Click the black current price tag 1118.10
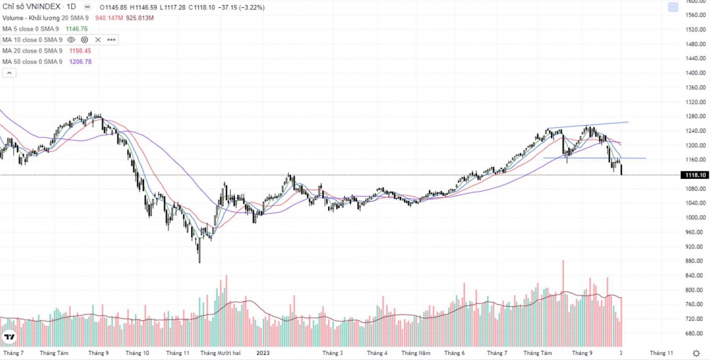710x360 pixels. pyautogui.click(x=694, y=175)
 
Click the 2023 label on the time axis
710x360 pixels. pyautogui.click(x=263, y=353)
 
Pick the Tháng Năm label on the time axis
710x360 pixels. pyautogui.click(x=416, y=353)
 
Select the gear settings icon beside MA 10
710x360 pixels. pyautogui.click(x=85, y=40)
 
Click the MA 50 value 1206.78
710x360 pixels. pyautogui.click(x=78, y=62)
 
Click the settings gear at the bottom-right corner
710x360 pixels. pyautogui.click(x=695, y=353)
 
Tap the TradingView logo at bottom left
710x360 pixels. pyautogui.click(x=10, y=337)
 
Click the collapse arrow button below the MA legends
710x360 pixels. pyautogui.click(x=8, y=72)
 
